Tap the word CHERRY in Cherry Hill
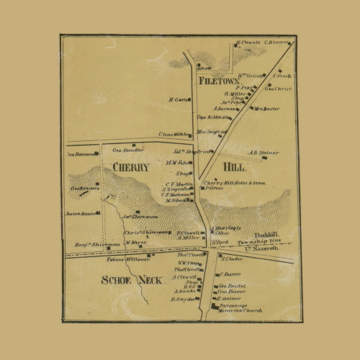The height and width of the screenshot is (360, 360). point(130,167)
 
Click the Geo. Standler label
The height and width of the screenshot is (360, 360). point(126,150)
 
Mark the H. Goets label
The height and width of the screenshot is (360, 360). point(177,99)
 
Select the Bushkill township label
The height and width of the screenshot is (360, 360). point(259,235)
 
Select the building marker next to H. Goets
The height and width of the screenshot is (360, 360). point(191,100)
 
